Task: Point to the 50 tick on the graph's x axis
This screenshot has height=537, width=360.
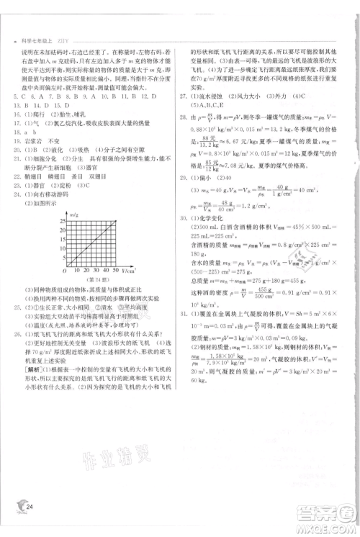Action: [x=116, y=270]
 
